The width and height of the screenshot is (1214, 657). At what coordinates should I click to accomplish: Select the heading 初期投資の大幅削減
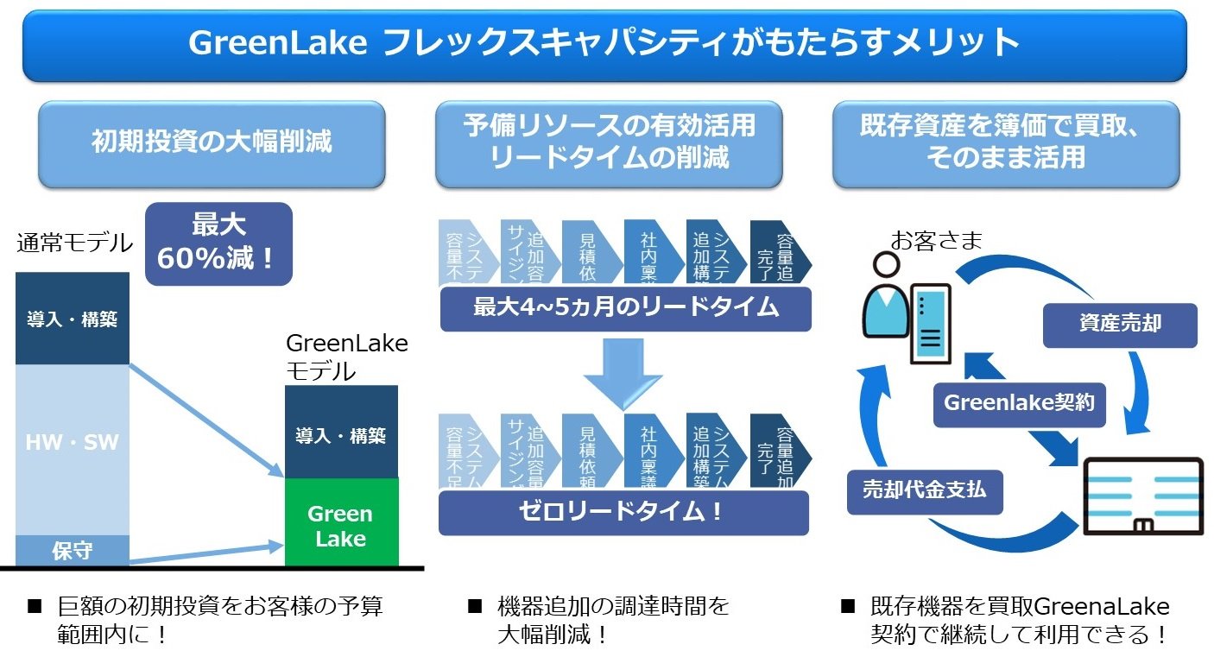click(212, 143)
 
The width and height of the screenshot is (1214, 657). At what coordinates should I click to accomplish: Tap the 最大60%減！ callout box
click(218, 243)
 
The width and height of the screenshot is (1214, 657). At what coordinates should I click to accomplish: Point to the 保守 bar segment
click(73, 551)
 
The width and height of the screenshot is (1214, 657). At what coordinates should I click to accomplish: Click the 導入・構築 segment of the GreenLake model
click(341, 434)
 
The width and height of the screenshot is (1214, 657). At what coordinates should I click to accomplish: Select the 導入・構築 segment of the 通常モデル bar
click(73, 319)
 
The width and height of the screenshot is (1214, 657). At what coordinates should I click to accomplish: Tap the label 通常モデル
click(74, 243)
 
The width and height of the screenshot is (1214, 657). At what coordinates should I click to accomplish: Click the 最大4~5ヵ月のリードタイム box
click(625, 308)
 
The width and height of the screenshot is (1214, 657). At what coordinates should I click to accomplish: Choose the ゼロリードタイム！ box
click(623, 512)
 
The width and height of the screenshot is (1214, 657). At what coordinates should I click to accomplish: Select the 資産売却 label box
click(1119, 325)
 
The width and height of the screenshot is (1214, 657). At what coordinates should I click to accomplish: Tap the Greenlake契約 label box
click(1019, 403)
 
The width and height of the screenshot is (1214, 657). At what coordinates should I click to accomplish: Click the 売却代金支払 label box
click(924, 490)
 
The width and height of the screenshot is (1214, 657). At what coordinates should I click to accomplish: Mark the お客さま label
click(936, 241)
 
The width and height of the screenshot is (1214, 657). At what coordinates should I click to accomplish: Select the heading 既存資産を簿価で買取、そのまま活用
click(1005, 143)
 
